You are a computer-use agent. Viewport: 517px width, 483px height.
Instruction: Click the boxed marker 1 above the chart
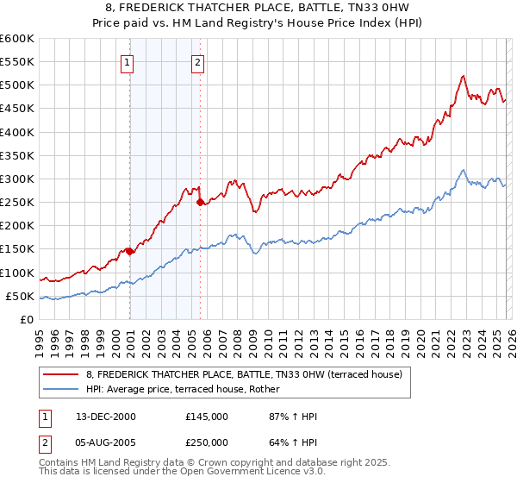128,61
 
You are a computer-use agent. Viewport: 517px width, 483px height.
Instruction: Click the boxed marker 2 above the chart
198,61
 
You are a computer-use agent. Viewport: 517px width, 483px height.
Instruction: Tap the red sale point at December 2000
129,251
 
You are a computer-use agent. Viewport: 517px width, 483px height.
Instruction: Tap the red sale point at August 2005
200,203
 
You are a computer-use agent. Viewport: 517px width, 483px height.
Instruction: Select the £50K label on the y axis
20,296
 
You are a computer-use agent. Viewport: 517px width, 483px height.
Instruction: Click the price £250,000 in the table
206,444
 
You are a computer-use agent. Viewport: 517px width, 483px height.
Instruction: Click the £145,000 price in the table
206,417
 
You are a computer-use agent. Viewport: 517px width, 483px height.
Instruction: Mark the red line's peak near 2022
464,75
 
